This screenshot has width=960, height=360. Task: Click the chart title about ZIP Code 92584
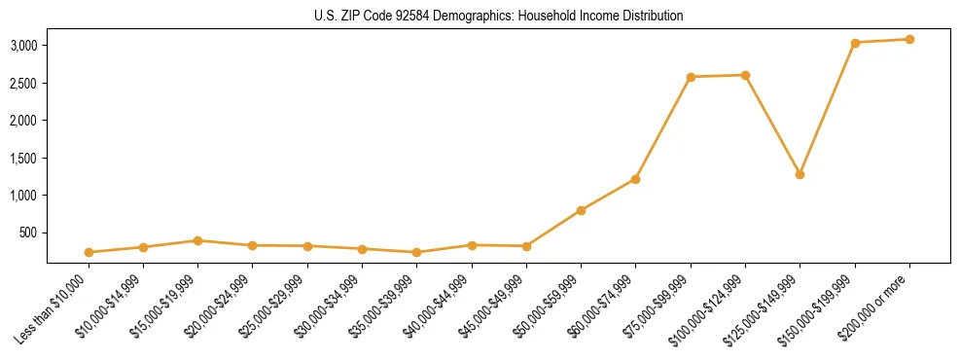click(498, 16)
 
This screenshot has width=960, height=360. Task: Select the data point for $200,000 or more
click(909, 39)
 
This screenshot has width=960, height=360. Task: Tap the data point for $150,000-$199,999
click(855, 43)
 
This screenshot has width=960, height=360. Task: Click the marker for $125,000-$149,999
click(800, 174)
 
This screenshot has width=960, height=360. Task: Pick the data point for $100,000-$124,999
click(745, 75)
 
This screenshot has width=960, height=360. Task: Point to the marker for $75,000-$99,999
click(691, 77)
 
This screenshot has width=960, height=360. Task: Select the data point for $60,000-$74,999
click(635, 179)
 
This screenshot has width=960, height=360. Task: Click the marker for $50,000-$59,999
click(581, 210)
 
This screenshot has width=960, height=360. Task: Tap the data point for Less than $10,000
click(89, 252)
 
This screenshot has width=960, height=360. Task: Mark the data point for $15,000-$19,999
click(197, 240)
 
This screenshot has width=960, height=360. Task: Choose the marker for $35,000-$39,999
click(416, 252)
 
